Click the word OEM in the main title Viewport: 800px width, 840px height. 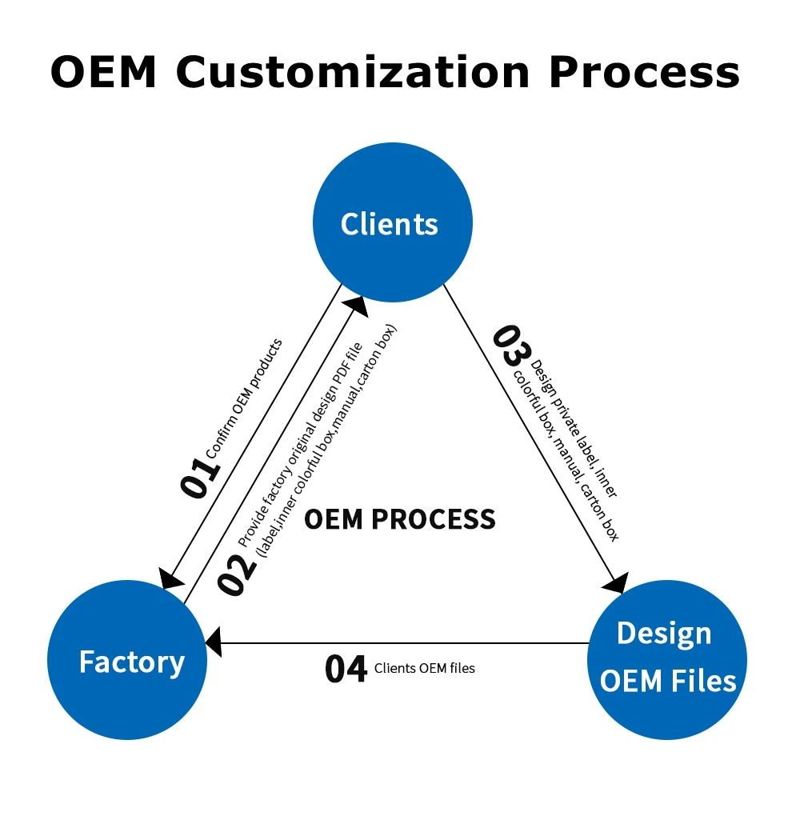104,71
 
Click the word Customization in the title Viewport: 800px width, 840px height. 352,71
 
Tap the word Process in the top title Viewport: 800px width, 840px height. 643,71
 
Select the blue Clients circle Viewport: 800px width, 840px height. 392,222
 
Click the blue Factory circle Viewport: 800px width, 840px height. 127,661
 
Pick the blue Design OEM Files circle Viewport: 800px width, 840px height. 666,659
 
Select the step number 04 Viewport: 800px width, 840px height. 346,670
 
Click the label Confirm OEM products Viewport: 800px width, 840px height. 245,398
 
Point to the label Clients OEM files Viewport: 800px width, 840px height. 424,668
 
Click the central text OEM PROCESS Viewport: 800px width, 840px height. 400,520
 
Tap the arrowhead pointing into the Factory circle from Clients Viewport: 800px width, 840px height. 170,578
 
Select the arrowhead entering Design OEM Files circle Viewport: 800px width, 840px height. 616,583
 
